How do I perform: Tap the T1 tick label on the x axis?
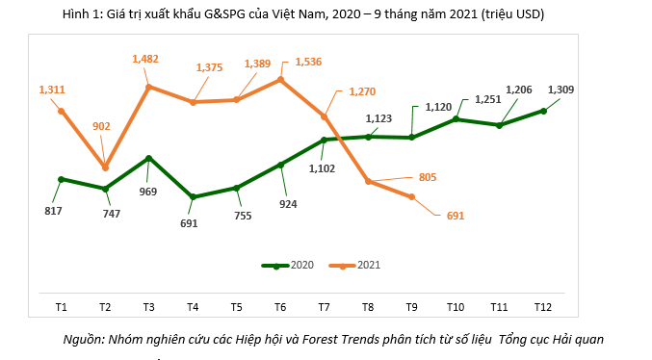[x=61, y=306]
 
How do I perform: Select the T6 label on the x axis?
[x=280, y=306]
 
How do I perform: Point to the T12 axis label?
[x=543, y=306]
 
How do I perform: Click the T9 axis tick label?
[x=412, y=306]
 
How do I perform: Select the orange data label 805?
[x=428, y=177]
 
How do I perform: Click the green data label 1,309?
[x=561, y=90]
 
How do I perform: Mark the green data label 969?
[x=149, y=192]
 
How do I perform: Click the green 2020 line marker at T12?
[x=544, y=111]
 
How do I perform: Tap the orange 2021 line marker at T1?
[x=61, y=111]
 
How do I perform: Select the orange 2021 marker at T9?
[x=412, y=197]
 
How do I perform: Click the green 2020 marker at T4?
[x=193, y=197]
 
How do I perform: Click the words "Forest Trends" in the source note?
[x=353, y=339]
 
